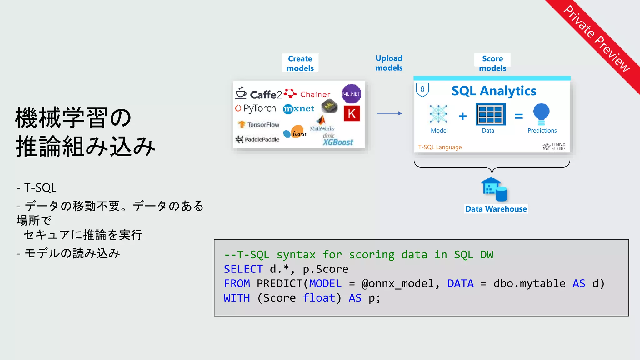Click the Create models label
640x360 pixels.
tap(300, 63)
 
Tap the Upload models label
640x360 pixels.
tap(389, 63)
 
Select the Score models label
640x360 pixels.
tap(492, 63)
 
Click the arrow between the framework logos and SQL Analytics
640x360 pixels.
tap(389, 113)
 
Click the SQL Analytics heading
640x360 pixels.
tap(494, 91)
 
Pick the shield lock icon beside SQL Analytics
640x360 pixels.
tap(422, 89)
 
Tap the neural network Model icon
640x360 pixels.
tap(438, 114)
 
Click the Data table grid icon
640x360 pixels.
tap(490, 114)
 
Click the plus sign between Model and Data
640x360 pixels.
tap(462, 116)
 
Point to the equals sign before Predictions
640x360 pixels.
tap(518, 116)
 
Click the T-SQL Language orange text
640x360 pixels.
tap(440, 147)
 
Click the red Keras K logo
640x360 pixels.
tap(352, 113)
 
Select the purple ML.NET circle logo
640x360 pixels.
tap(351, 94)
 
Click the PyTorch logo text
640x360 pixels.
tap(259, 108)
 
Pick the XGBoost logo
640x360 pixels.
tap(337, 142)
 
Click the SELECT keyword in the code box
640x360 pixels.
tap(243, 269)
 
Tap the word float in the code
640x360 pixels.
tap(319, 298)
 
